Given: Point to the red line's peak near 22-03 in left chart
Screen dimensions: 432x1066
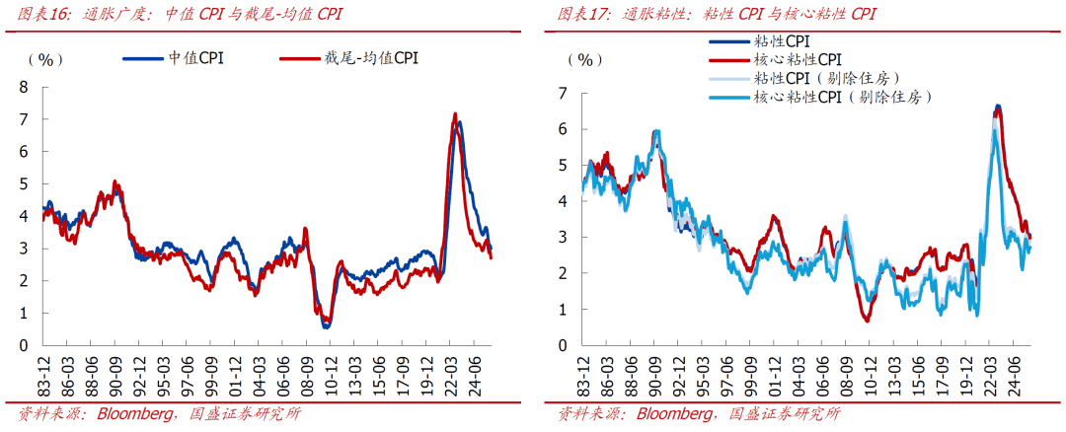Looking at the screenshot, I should (455, 113).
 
